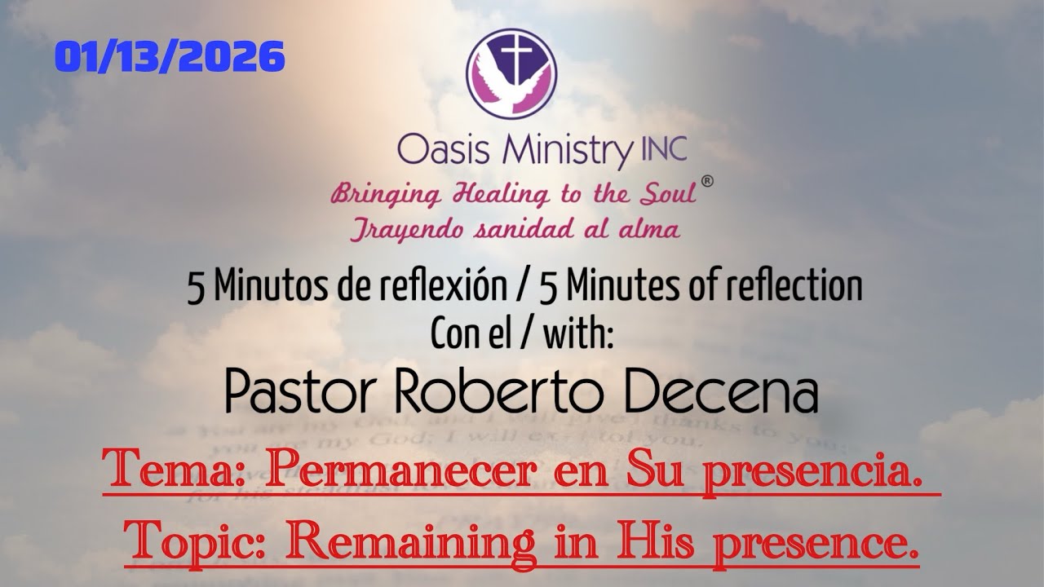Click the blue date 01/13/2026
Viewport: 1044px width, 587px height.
click(170, 57)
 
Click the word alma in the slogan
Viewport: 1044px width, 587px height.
click(647, 230)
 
